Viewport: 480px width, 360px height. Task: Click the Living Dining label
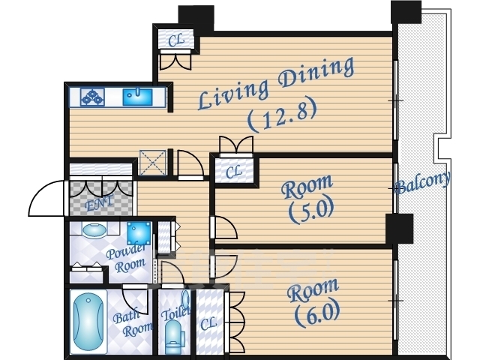(276, 82)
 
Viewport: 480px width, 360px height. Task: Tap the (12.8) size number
(282, 114)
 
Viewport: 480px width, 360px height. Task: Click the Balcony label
(423, 183)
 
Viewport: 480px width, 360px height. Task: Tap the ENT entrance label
(98, 203)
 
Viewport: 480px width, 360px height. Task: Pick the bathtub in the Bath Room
(88, 322)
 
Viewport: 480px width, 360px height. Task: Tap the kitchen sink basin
(137, 97)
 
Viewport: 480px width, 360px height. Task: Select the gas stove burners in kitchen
(92, 97)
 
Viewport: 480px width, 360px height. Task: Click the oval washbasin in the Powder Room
(94, 231)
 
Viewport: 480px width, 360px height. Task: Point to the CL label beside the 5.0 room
(234, 172)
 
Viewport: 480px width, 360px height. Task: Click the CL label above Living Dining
(176, 40)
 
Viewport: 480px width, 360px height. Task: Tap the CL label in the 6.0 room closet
(208, 322)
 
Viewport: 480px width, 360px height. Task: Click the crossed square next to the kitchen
(152, 163)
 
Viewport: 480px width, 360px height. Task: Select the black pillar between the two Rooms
(400, 229)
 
